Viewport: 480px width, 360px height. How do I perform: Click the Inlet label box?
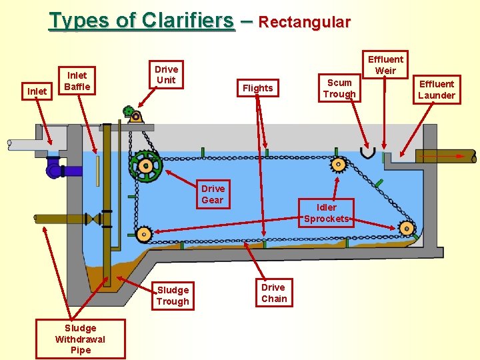point(36,91)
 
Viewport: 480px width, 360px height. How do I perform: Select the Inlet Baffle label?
point(77,80)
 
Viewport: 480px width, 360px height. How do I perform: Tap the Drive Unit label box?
point(166,75)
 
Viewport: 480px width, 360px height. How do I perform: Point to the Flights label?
point(257,88)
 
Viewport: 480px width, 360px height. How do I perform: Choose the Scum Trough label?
point(339,88)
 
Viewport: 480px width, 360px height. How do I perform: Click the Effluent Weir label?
point(385,65)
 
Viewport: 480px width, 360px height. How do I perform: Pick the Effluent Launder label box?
point(437,89)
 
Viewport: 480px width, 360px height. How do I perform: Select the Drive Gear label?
point(213,194)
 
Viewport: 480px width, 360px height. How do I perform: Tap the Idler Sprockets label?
point(327,213)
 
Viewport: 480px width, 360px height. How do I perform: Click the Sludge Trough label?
point(173,295)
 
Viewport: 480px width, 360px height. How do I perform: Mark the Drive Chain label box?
point(273,293)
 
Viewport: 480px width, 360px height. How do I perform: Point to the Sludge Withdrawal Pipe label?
point(81,339)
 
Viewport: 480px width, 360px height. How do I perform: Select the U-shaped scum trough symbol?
point(367,153)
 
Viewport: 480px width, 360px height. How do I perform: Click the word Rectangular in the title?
point(304,22)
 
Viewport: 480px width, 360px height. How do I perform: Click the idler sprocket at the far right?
point(406,229)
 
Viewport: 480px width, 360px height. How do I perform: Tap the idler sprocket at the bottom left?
point(143,234)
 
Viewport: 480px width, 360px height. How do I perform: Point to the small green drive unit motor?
point(129,111)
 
